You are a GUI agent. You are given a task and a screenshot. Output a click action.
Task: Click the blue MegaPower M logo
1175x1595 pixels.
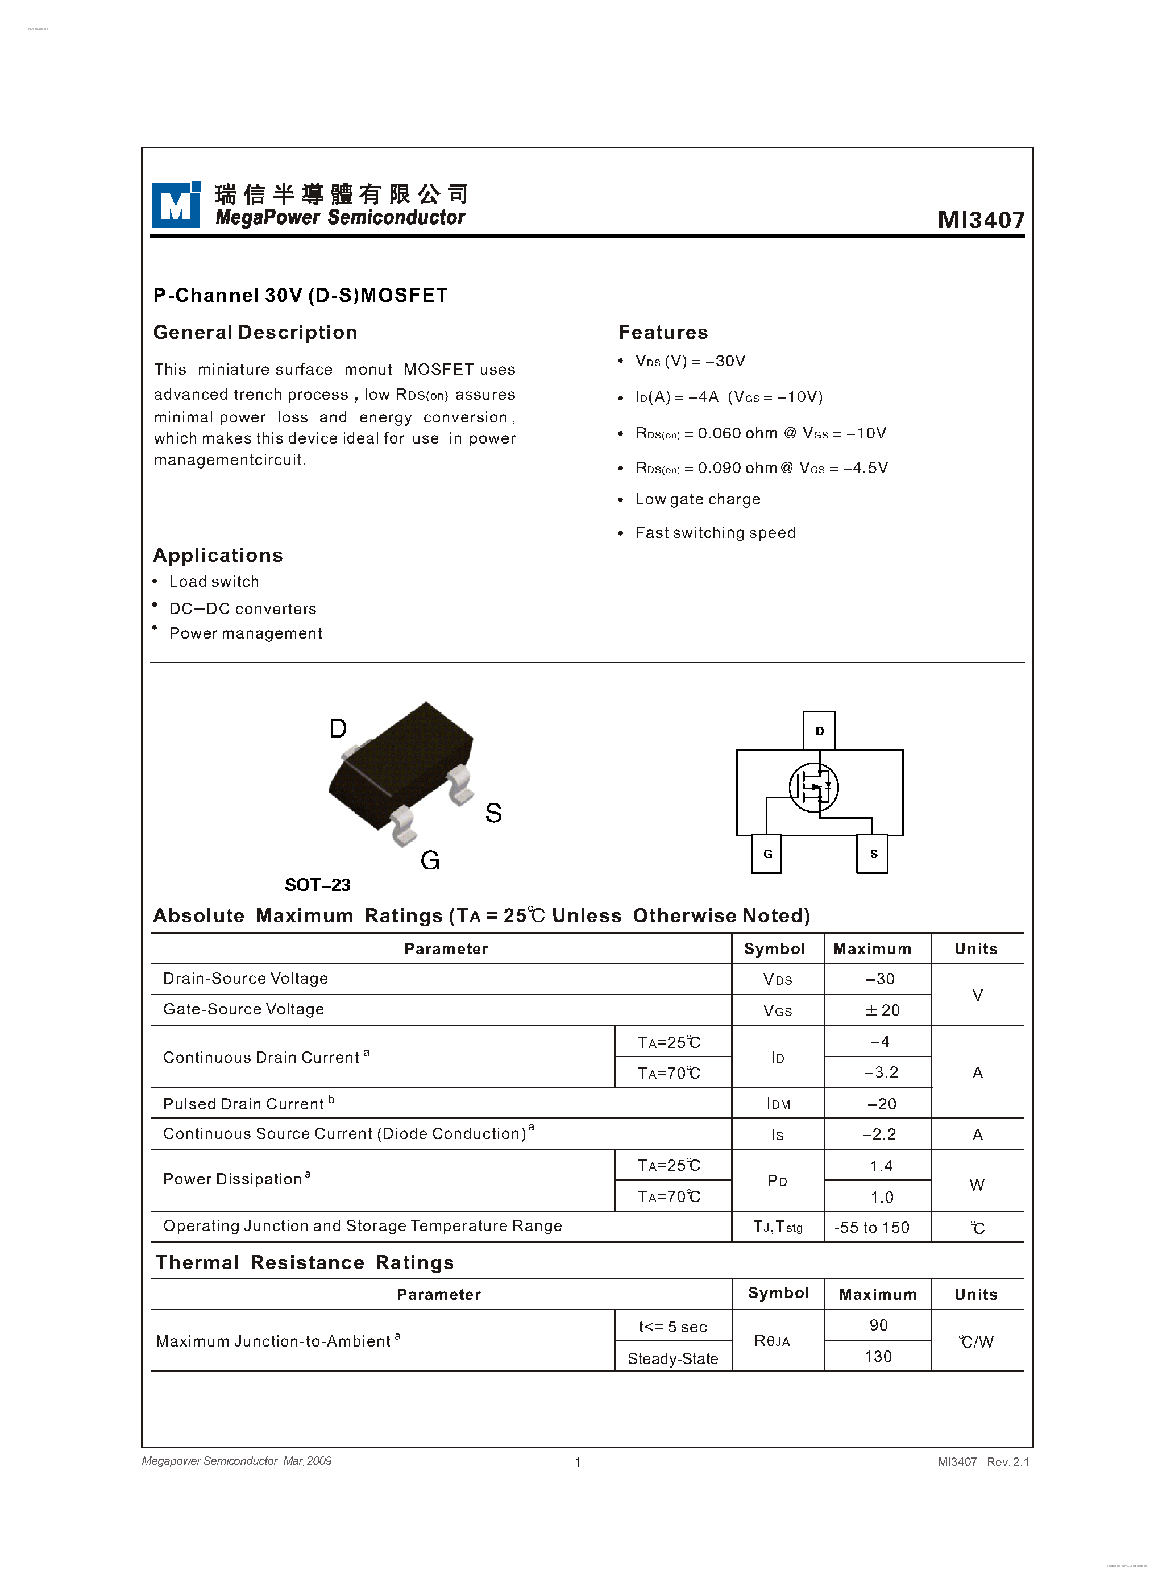tap(175, 205)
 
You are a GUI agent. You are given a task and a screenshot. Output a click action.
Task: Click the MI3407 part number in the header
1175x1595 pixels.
tap(980, 220)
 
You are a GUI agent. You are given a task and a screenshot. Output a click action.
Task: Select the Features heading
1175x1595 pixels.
tap(663, 332)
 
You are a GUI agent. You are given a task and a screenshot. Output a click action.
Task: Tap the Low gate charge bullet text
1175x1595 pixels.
tap(697, 499)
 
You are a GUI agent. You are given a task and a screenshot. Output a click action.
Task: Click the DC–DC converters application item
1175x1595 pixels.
tap(243, 609)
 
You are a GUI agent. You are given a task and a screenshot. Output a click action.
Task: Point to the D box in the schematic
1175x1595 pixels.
tap(819, 731)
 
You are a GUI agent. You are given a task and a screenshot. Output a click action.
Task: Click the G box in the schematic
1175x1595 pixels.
tap(767, 854)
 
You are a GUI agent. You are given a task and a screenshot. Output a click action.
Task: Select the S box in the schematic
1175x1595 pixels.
tap(873, 854)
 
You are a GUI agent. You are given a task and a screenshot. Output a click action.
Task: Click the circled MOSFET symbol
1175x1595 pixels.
tap(813, 788)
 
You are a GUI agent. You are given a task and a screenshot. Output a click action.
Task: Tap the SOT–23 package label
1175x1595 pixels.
tap(317, 885)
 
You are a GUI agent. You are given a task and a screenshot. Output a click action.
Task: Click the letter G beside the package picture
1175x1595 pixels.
tap(430, 861)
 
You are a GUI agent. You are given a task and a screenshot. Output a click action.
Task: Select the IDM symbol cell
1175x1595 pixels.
tap(778, 1104)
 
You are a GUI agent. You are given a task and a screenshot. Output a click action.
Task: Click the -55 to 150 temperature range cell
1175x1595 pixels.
tap(871, 1227)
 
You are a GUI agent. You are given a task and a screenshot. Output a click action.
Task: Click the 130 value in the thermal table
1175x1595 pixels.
tap(878, 1357)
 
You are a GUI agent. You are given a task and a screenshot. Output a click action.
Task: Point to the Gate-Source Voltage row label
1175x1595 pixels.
tap(243, 1009)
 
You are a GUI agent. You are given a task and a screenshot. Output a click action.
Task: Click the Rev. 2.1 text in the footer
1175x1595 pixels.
tap(1007, 1462)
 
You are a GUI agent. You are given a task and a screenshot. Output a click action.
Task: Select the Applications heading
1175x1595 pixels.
tap(218, 555)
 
